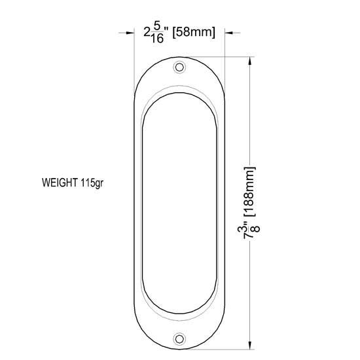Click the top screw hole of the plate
[x=179, y=67]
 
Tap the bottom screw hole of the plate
[x=179, y=338]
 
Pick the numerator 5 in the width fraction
[x=156, y=27]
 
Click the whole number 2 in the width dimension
[x=147, y=33]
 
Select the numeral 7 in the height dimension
[x=249, y=241]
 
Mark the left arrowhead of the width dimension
[x=130, y=31]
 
